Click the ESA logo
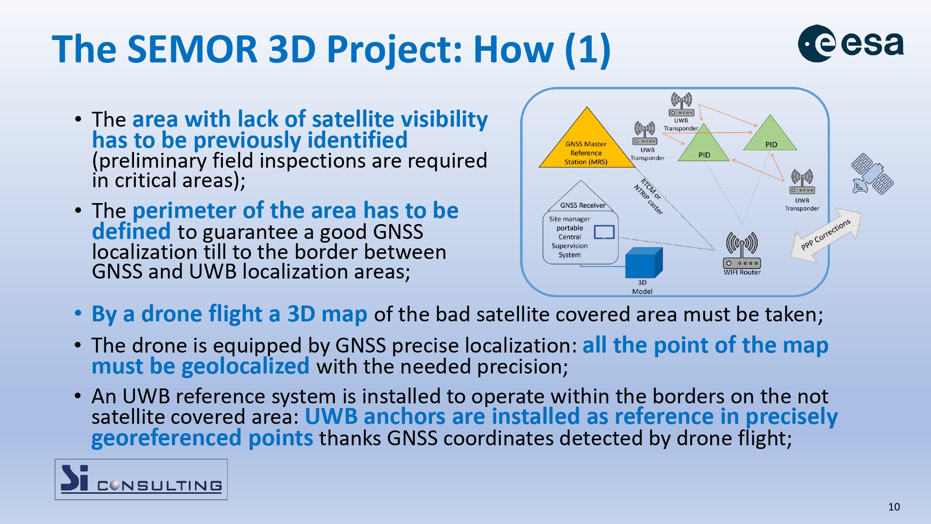851,43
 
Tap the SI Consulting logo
141,479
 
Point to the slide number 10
894,507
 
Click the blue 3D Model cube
644,263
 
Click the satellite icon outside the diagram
872,174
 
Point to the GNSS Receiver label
583,205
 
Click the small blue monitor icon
604,232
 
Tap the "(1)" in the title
587,49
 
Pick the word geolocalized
245,366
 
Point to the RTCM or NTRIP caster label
648,196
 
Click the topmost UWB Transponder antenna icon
681,104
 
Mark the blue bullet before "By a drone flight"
78,313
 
